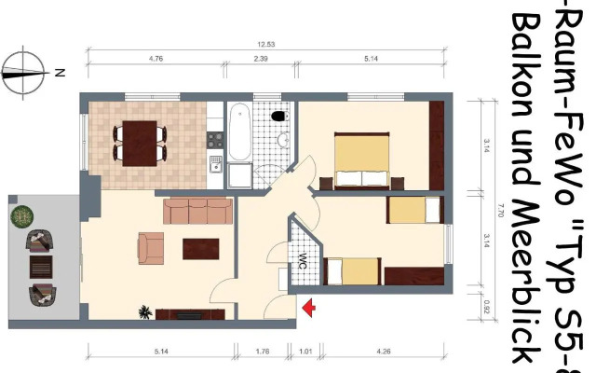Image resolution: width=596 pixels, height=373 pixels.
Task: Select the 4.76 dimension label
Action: tap(156, 58)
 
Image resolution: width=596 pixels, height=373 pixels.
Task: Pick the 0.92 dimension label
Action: tap(486, 302)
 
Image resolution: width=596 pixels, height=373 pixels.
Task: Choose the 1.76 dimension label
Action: tap(263, 352)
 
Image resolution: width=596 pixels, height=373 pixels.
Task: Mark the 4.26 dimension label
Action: tap(384, 352)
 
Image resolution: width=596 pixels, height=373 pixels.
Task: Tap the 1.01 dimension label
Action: tap(306, 352)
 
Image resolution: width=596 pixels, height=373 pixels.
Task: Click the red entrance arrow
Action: tap(308, 305)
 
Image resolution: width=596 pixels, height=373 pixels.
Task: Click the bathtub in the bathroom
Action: tap(239, 133)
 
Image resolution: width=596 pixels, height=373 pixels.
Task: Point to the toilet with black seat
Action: tap(278, 117)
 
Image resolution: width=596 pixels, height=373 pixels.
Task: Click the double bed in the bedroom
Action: tap(360, 160)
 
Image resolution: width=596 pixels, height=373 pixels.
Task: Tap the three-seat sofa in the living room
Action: tap(197, 211)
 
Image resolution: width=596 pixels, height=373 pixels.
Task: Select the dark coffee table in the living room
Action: tap(202, 249)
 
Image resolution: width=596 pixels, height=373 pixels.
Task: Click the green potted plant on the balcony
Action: tap(20, 216)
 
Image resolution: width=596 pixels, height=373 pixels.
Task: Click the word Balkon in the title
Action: tap(531, 61)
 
